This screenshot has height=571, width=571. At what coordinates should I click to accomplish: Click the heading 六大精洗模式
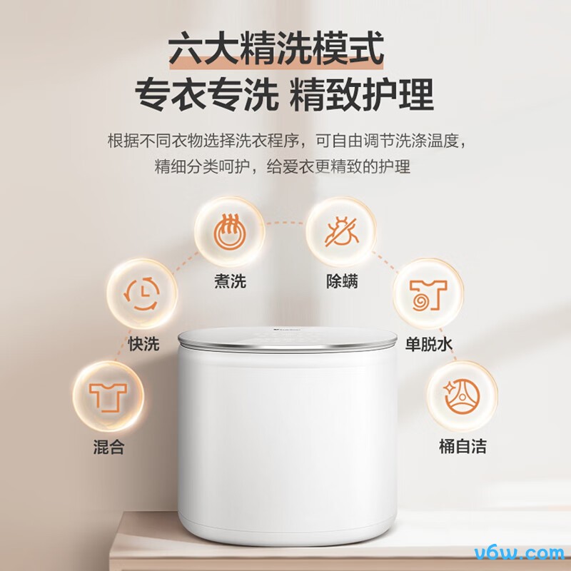pos(276,48)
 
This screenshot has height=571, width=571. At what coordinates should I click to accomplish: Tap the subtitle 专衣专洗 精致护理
pos(284,94)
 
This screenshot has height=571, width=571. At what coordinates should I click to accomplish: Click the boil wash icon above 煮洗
pos(229,231)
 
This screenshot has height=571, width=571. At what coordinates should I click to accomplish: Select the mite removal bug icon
pos(342,231)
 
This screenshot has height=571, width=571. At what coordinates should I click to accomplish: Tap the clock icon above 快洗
pos(142,293)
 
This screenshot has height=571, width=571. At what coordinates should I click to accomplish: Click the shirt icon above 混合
pos(108,397)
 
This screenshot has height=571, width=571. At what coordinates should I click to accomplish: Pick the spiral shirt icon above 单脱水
pos(428,295)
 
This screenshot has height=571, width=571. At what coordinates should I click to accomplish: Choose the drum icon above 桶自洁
pos(463,397)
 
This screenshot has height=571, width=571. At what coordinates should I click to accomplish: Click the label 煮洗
pos(230,281)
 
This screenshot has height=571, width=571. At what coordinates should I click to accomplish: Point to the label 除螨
pos(342,281)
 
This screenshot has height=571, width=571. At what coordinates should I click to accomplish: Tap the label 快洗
pos(143,343)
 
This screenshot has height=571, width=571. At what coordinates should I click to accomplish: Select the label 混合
pos(109,447)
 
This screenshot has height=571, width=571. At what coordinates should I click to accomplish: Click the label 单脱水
pos(429,344)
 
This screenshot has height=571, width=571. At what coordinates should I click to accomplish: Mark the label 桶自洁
pos(463,447)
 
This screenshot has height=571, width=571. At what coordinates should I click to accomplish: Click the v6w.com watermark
pos(519,552)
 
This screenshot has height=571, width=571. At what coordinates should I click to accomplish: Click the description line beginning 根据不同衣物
pos(287,141)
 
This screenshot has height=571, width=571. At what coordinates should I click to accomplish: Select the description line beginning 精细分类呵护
pos(283,166)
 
